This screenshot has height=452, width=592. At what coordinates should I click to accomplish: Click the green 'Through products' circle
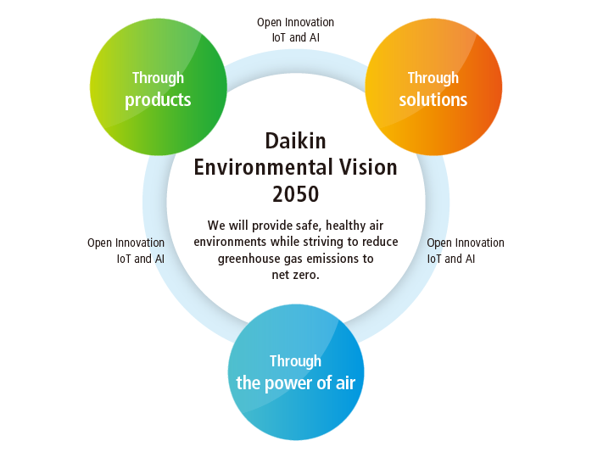pyautogui.click(x=158, y=87)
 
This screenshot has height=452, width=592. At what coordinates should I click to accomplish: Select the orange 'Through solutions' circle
pyautogui.click(x=433, y=87)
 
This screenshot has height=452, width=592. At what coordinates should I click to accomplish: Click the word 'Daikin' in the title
pyautogui.click(x=295, y=140)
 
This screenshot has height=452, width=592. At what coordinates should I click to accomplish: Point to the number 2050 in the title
pyautogui.click(x=295, y=194)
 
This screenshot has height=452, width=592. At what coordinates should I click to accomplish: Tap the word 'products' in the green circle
pyautogui.click(x=158, y=100)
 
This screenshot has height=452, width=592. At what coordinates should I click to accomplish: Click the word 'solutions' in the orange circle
pyautogui.click(x=433, y=100)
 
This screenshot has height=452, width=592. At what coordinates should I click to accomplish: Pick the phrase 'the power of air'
pyautogui.click(x=295, y=383)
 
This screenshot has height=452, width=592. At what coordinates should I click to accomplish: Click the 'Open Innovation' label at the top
pyautogui.click(x=295, y=22)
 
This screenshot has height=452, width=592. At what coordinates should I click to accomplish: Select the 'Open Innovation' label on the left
pyautogui.click(x=126, y=243)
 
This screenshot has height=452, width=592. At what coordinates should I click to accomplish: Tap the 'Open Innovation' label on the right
pyautogui.click(x=466, y=243)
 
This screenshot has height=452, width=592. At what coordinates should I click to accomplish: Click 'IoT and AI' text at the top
pyautogui.click(x=295, y=37)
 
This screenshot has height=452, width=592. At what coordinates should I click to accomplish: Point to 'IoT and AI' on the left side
pyautogui.click(x=140, y=259)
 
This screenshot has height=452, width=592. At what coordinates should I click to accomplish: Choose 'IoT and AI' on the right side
pyautogui.click(x=451, y=259)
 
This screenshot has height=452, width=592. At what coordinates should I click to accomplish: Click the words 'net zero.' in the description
pyautogui.click(x=295, y=276)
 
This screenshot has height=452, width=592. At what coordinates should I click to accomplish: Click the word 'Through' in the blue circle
pyautogui.click(x=295, y=361)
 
